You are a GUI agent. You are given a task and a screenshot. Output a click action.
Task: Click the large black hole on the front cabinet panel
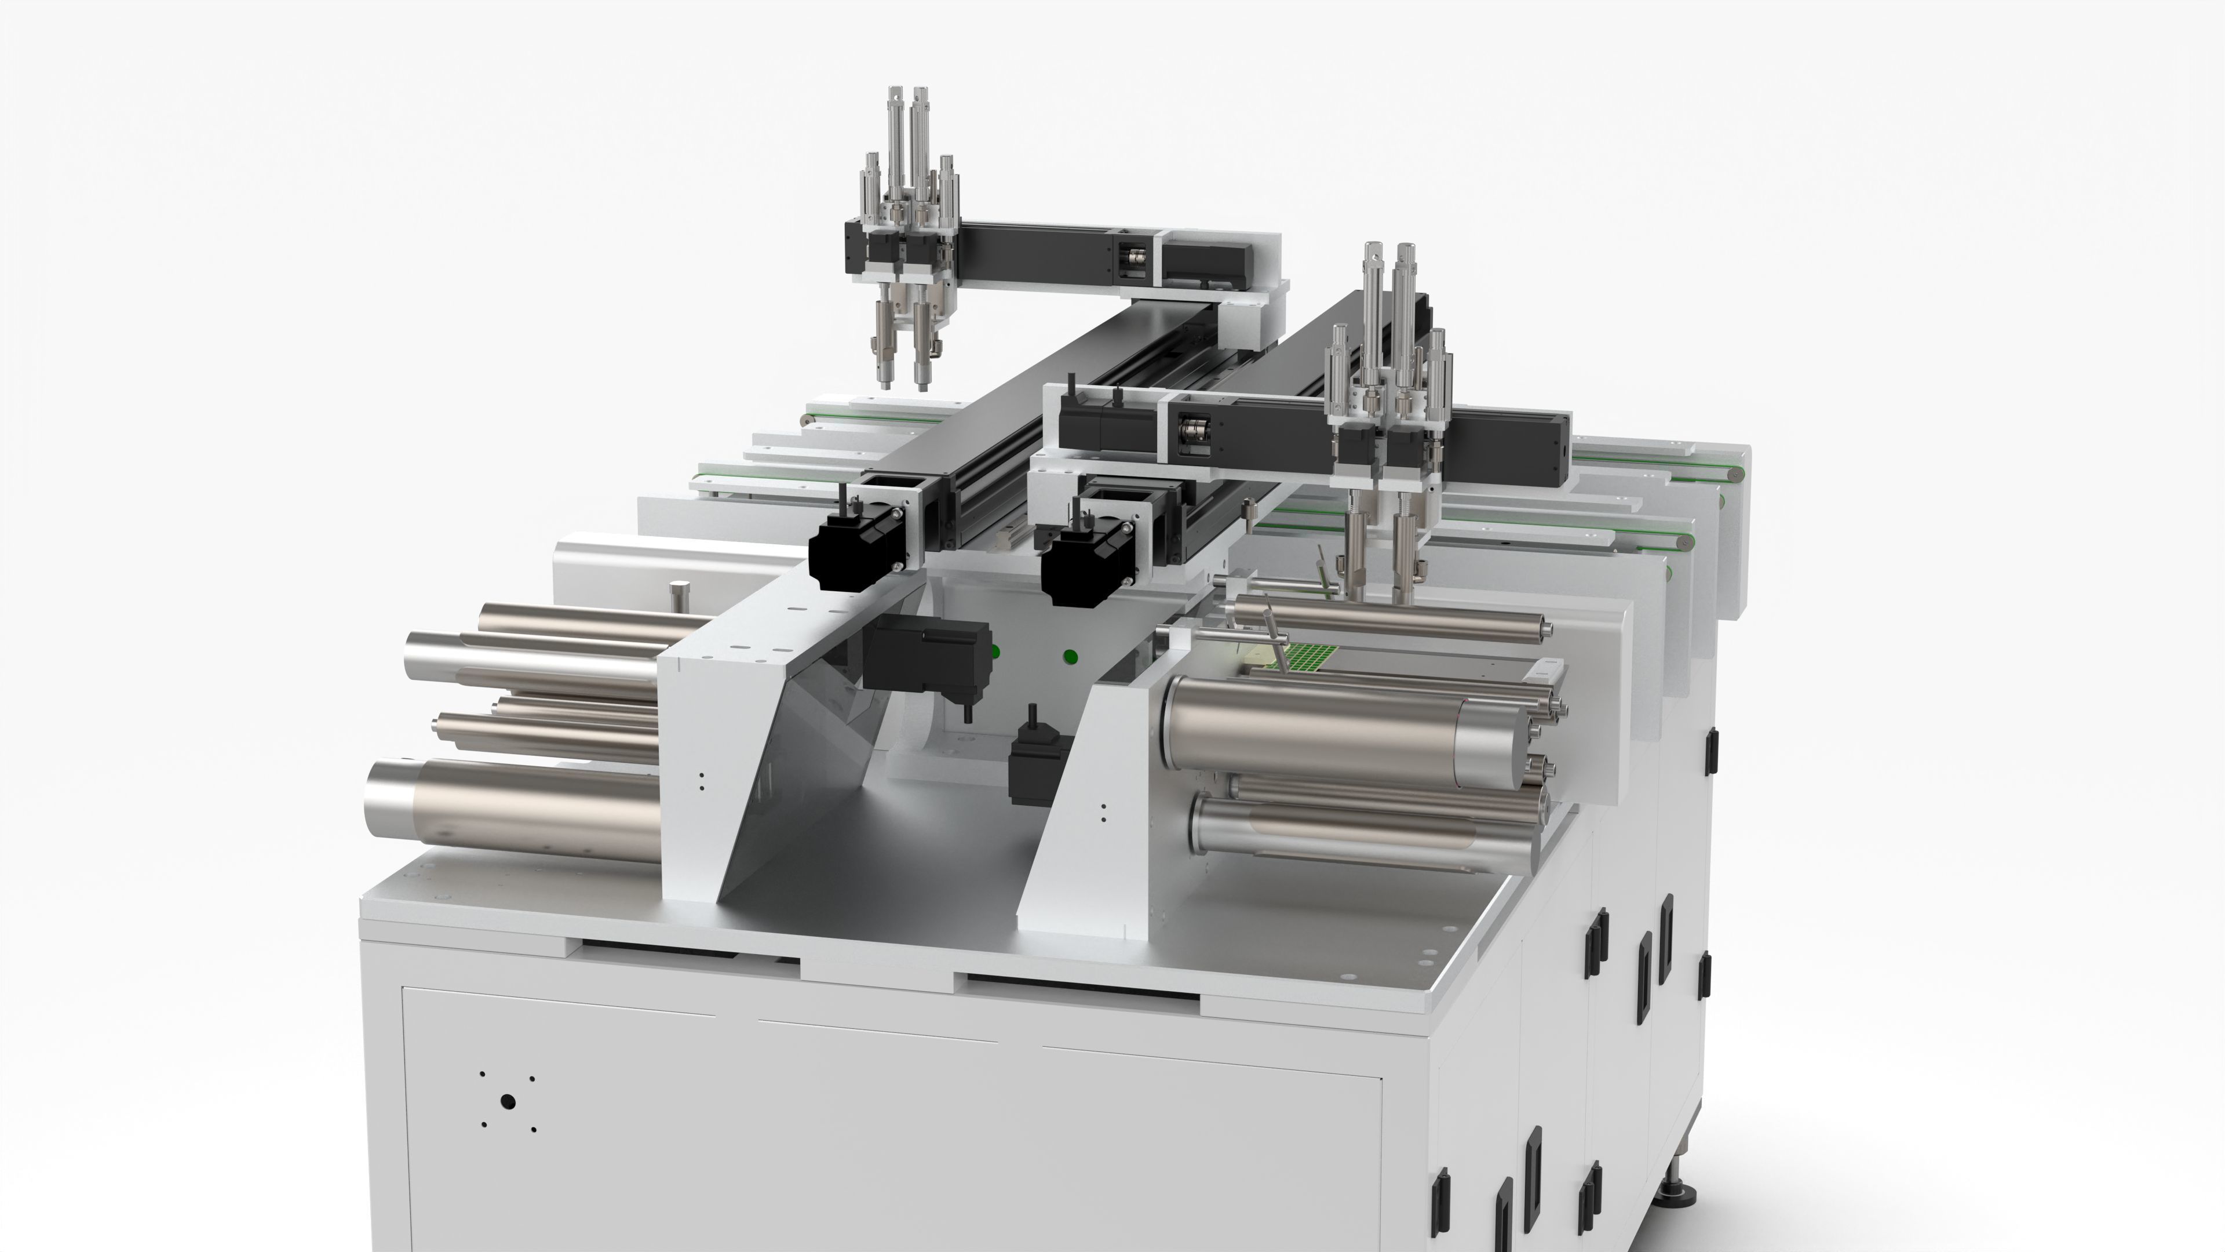(508, 1102)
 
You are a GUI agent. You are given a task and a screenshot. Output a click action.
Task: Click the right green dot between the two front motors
(1071, 657)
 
